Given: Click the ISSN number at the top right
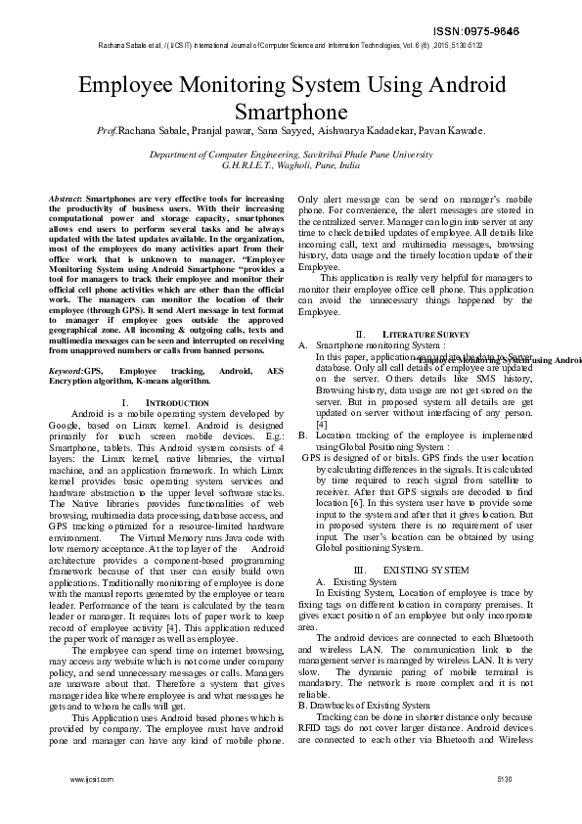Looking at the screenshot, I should click(x=527, y=31).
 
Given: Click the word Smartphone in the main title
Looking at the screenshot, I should click(x=291, y=111).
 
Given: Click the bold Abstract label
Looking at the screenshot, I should click(x=65, y=199).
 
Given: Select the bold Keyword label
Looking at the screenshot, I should click(x=66, y=372).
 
